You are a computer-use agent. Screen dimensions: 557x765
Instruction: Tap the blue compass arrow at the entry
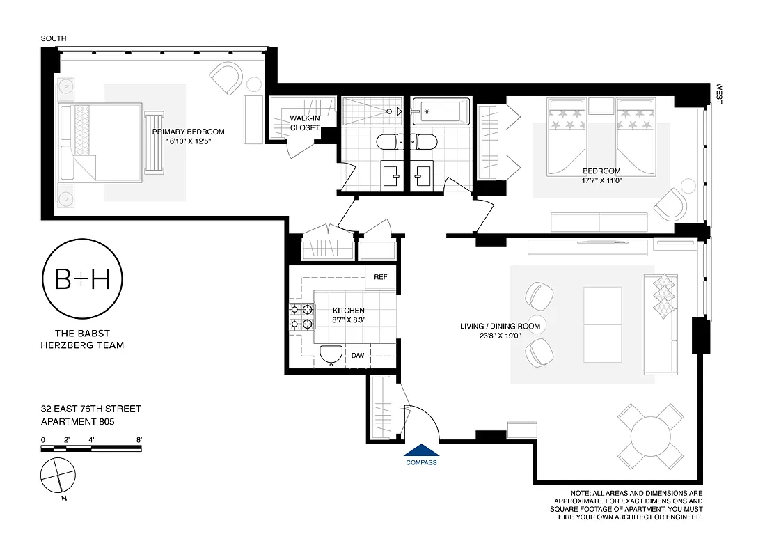tap(421, 451)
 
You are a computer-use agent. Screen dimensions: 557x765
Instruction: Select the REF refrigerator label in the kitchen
tap(380, 277)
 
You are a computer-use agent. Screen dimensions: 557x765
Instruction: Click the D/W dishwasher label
tap(358, 356)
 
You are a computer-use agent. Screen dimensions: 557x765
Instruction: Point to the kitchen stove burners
tap(300, 317)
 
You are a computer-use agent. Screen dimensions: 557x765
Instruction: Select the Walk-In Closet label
tap(305, 123)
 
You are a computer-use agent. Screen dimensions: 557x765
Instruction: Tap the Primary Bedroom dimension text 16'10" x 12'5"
tap(188, 141)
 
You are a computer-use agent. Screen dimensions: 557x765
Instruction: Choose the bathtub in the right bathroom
tap(441, 111)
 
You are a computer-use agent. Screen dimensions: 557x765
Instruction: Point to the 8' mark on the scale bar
tap(139, 440)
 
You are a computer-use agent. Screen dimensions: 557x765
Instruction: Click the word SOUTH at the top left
tap(54, 38)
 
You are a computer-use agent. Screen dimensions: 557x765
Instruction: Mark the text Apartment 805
tap(77, 421)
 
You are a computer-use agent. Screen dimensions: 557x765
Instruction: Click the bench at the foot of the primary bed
tap(152, 142)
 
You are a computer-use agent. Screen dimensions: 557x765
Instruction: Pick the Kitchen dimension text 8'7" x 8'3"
tap(348, 320)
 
